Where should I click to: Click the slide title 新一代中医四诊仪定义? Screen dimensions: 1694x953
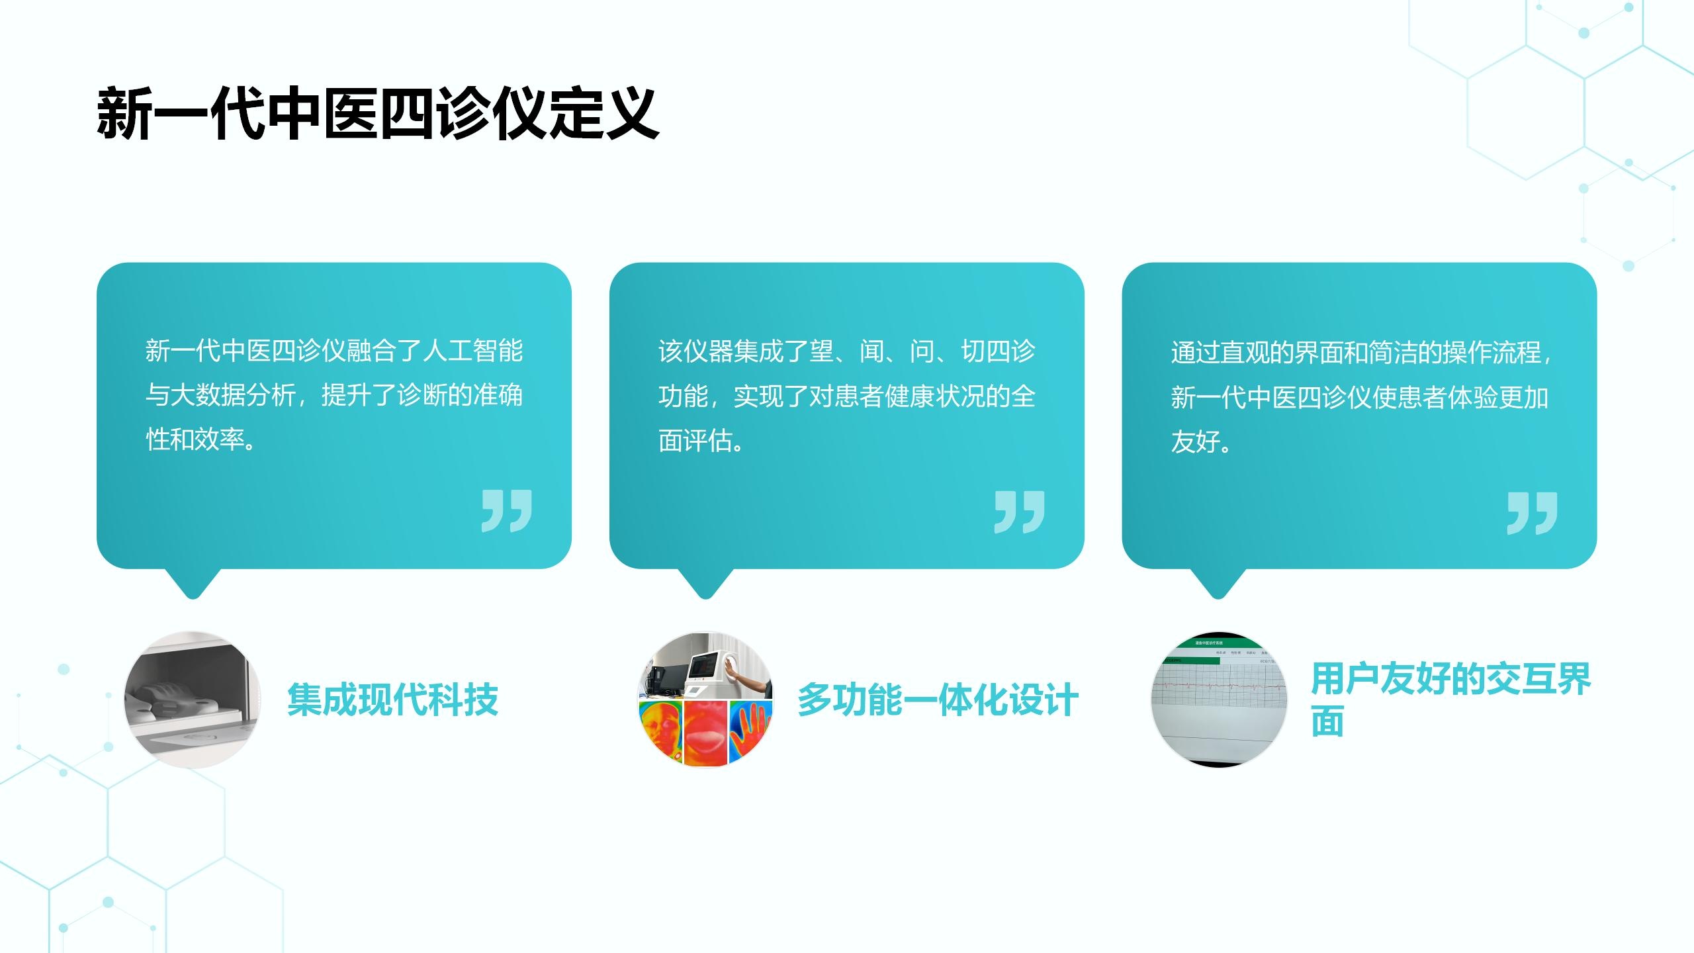[378, 113]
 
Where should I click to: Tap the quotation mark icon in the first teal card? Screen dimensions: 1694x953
[507, 511]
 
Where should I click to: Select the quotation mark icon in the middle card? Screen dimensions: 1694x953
[1020, 512]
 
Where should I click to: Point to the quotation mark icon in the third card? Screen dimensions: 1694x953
[1533, 512]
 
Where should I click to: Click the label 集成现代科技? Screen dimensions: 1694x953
[392, 700]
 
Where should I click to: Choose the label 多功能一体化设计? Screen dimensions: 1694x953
[938, 700]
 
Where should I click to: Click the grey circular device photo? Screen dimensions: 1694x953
[193, 700]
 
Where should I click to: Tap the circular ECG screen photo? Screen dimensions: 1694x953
[1219, 700]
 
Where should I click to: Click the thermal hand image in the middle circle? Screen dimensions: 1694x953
[750, 733]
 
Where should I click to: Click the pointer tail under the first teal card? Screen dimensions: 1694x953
[193, 583]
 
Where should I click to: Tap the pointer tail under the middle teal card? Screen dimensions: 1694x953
[705, 583]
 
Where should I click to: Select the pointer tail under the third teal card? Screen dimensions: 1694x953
[1218, 583]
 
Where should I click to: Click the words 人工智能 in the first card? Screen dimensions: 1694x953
[472, 351]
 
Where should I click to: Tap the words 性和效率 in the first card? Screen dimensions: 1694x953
[195, 439]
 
